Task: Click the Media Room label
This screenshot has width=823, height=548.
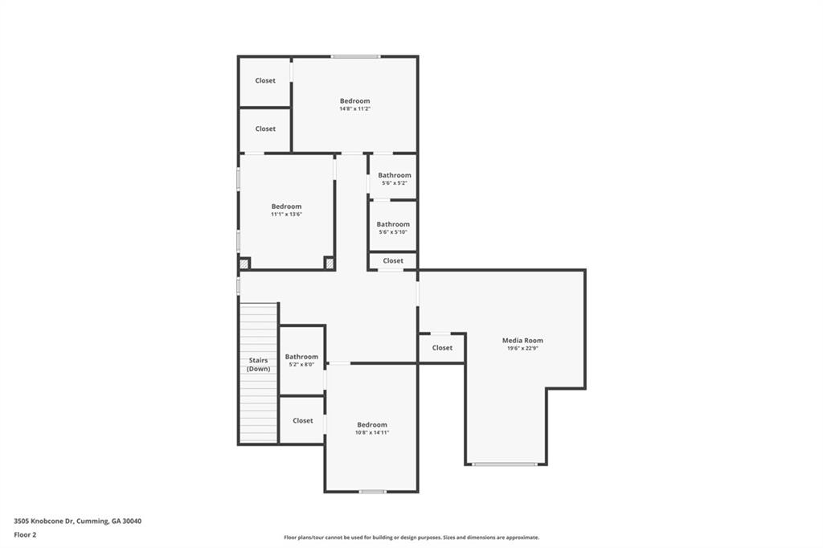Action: [522, 341]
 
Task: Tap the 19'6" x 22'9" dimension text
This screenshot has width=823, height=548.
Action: [522, 349]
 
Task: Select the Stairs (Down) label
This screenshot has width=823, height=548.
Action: [258, 364]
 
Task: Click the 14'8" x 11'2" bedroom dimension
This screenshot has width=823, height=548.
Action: [354, 108]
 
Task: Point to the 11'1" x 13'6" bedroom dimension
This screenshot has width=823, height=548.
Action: [286, 215]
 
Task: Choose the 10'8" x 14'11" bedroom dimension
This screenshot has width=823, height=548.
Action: [372, 432]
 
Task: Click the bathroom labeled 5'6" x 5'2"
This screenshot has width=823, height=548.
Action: [395, 175]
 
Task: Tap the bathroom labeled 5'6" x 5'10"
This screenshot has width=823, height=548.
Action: [393, 224]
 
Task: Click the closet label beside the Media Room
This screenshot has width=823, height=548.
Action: [442, 348]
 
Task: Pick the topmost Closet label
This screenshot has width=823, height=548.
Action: [265, 80]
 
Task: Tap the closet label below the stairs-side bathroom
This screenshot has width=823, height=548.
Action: [303, 420]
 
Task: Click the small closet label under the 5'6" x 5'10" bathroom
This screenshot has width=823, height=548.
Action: [393, 260]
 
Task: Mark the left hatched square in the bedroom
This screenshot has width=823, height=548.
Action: [244, 263]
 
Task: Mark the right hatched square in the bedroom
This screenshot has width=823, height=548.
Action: [329, 263]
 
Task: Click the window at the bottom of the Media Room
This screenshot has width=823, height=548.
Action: [505, 464]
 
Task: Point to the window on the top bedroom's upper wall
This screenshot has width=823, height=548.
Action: [356, 56]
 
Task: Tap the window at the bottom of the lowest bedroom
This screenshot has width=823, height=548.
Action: [372, 491]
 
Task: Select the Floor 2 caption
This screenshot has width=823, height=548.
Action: [25, 534]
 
